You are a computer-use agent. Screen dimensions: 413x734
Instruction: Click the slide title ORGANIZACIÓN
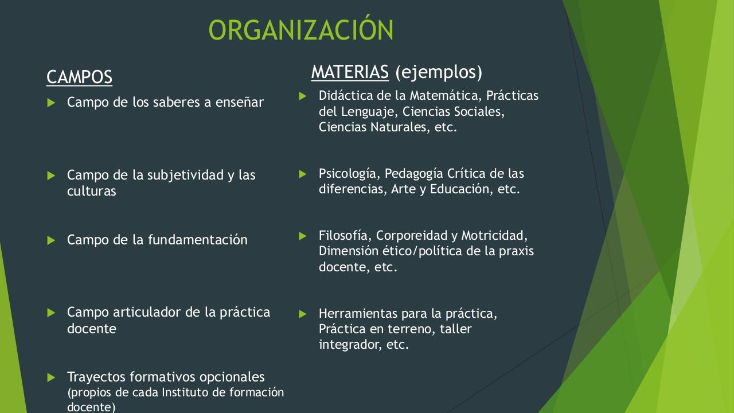(x=301, y=30)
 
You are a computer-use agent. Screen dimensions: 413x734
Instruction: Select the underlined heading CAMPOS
(x=79, y=77)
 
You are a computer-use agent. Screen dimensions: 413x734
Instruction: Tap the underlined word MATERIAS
(x=350, y=72)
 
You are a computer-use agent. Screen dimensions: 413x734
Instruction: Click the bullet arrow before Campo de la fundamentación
(x=51, y=240)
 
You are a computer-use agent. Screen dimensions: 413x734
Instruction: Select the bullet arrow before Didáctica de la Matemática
(x=303, y=96)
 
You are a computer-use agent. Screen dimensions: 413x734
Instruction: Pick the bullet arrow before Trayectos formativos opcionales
(x=51, y=377)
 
